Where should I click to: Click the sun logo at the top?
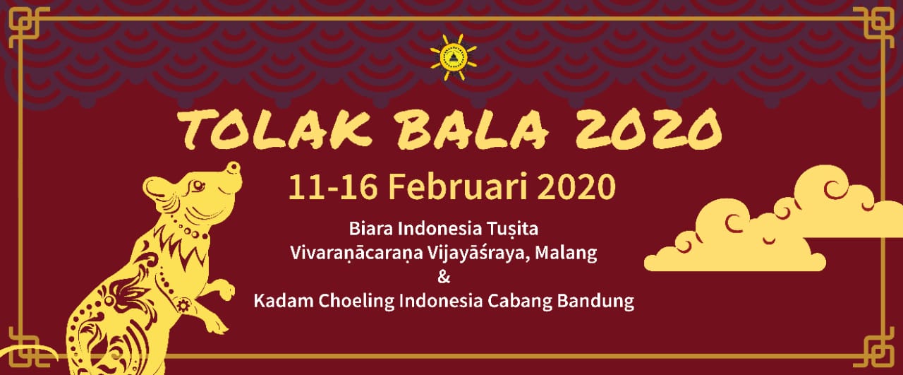[454, 57]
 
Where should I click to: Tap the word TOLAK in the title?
[274, 129]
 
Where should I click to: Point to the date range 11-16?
[333, 187]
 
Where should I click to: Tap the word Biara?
[371, 229]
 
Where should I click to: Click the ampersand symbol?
[444, 277]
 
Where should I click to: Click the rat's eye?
[198, 186]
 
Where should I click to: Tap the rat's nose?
[234, 167]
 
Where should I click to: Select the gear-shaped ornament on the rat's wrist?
[183, 305]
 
